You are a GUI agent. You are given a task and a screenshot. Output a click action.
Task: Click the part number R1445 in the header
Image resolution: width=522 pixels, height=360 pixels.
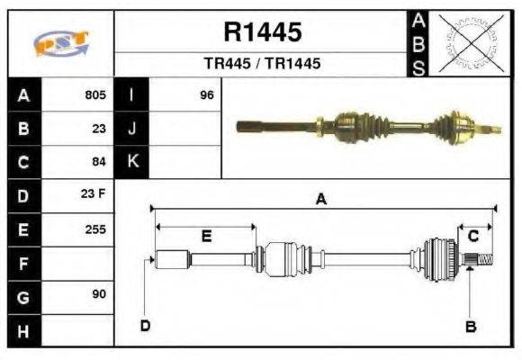[x=262, y=33]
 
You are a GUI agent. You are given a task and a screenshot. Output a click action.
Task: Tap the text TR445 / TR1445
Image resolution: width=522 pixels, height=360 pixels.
[x=262, y=64]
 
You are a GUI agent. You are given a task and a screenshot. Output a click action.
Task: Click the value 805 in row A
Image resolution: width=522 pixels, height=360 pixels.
[x=95, y=94]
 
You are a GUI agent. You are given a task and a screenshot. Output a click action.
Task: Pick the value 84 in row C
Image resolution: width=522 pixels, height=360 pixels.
[x=99, y=162]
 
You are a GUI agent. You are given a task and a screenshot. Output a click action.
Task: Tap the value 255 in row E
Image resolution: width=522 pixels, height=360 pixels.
[x=95, y=229]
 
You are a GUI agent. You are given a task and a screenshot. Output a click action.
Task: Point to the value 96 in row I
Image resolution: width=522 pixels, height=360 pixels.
[x=207, y=94]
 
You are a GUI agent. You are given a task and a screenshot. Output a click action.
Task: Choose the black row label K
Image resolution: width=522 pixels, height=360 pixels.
[x=132, y=162]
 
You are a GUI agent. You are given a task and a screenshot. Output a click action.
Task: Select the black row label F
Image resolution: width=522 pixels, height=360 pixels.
[x=22, y=263]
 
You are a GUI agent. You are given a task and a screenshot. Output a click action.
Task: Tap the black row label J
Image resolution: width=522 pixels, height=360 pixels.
[x=132, y=128]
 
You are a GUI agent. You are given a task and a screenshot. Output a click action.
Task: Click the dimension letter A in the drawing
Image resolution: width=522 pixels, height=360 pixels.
[x=321, y=201]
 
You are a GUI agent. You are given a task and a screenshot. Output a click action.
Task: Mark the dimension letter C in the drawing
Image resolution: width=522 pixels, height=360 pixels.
[x=472, y=237]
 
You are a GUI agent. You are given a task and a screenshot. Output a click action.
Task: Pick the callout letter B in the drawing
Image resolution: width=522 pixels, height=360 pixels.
[x=470, y=327]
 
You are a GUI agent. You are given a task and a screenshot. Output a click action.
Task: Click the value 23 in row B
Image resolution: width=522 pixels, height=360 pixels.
[x=99, y=128]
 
